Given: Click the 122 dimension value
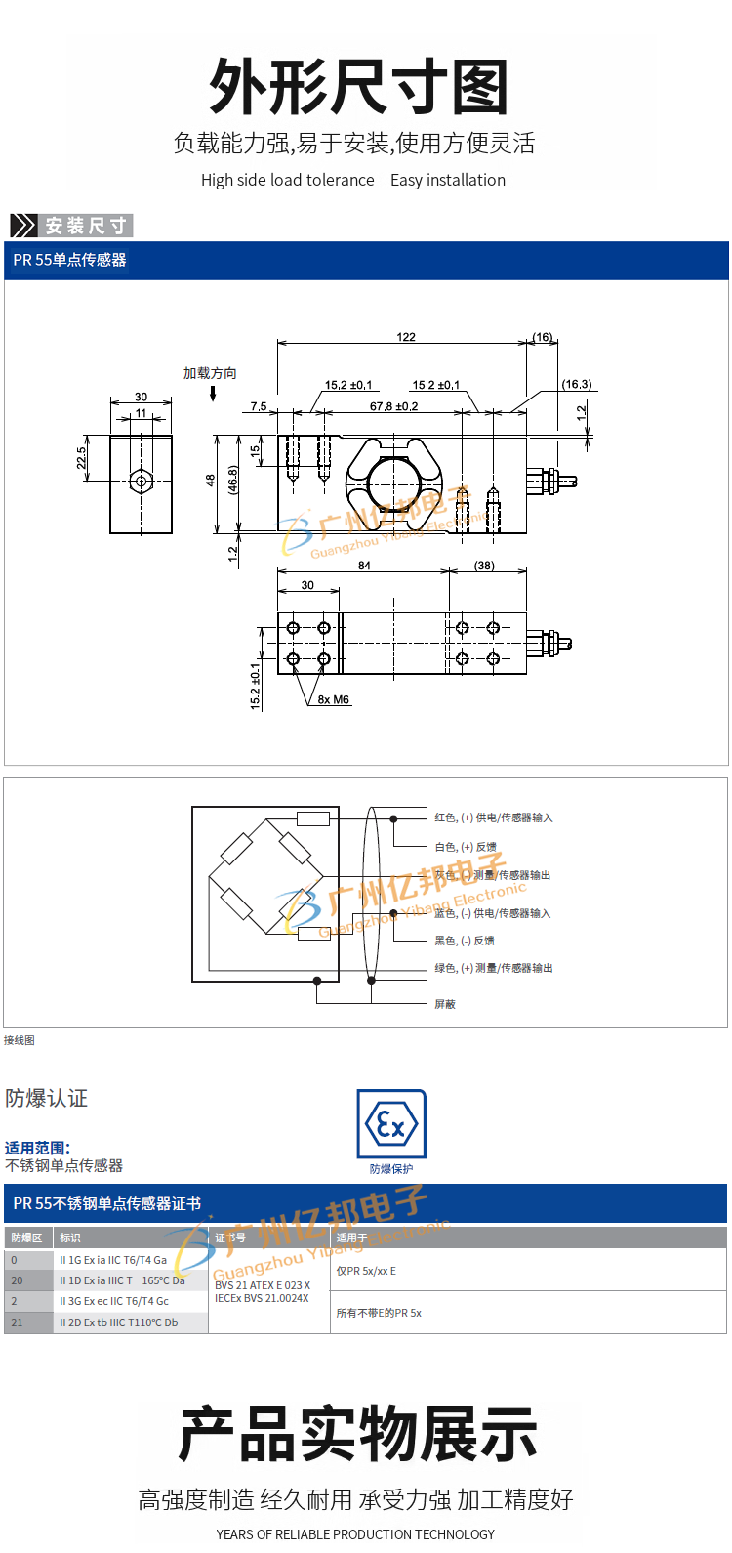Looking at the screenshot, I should coord(406,337).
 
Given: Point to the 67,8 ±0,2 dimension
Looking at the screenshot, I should coord(393,406).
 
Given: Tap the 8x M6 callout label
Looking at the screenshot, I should coord(334,700).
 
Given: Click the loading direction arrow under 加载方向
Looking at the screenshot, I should coord(213,394).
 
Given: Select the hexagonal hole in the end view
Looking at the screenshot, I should coord(142,482).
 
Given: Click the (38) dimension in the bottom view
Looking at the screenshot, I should coord(484,566).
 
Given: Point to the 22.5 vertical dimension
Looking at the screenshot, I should coord(82,458).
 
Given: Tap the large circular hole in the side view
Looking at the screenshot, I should coord(393,482).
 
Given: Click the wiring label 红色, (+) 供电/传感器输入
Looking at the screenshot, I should coord(493,818).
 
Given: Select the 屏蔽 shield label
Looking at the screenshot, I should coord(445,1004).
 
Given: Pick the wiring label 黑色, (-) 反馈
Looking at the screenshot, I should coord(465,941).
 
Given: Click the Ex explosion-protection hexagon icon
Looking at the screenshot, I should coord(391,1125).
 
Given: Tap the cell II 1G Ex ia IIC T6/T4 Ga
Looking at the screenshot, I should coord(113,1260).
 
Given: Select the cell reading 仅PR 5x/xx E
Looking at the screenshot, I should coord(367,1271).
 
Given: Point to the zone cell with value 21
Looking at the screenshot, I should coord(17,1322).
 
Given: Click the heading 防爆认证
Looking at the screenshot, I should coord(47,1099).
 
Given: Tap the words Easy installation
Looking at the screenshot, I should coord(448,180).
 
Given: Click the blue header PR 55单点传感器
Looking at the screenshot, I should coord(70,260).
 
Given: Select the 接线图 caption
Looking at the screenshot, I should coord(20,1040).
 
